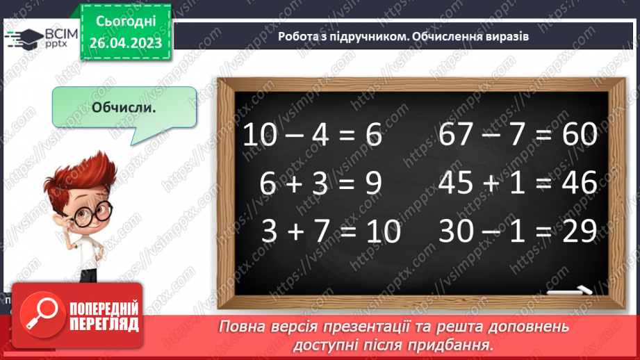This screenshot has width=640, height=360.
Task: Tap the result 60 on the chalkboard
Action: pos(578,135)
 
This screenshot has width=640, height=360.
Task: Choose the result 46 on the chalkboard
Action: pos(578,183)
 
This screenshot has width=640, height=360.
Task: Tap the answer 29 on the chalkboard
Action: pos(578,231)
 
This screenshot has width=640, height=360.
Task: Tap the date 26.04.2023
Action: pos(125,44)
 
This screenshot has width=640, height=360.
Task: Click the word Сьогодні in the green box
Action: pos(125,23)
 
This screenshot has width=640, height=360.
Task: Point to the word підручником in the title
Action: pos(353,36)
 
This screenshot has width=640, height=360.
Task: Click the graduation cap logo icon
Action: pos(23,39)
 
